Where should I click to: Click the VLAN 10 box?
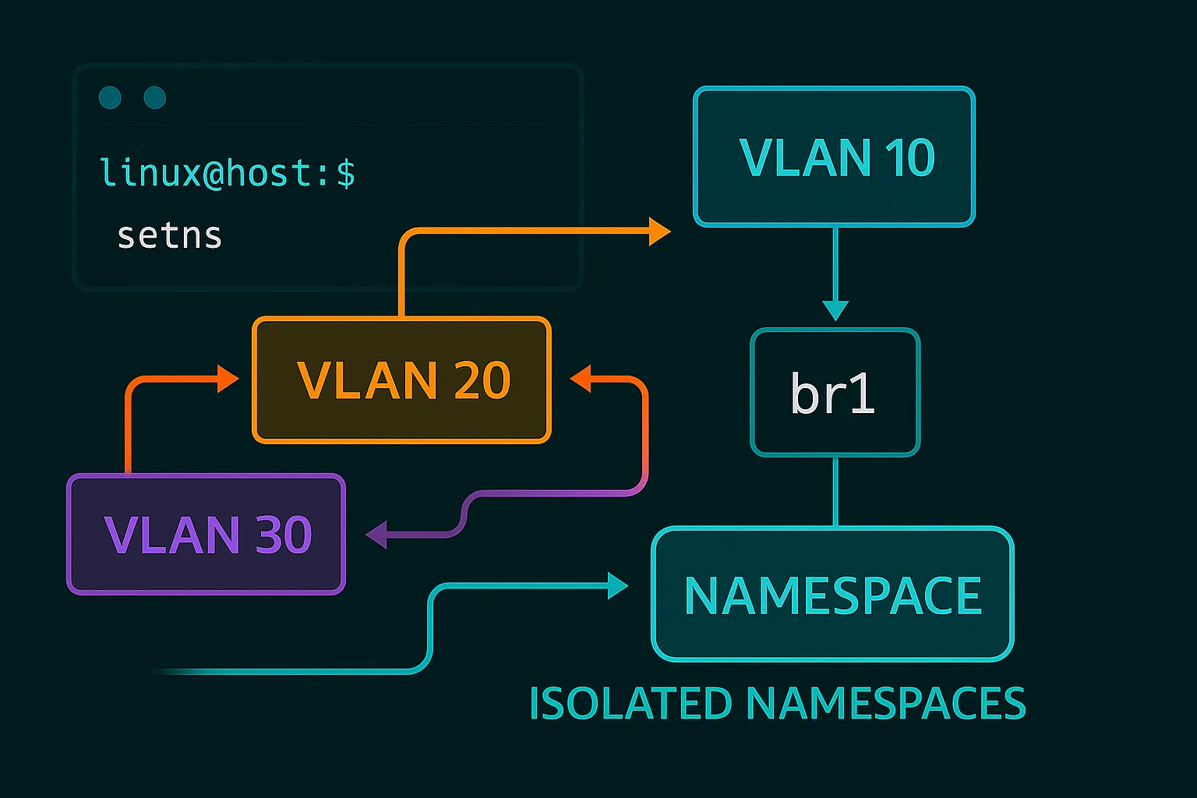point(834,157)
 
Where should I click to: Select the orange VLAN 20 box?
point(401,380)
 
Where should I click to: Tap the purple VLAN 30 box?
point(206,535)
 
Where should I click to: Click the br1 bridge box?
point(835,393)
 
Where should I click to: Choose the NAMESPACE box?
point(832,595)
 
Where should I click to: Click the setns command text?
point(169,235)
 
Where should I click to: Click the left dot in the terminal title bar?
point(110,97)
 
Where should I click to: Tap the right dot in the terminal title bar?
point(155,97)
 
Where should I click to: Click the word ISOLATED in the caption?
point(630,704)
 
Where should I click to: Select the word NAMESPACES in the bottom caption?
point(886,704)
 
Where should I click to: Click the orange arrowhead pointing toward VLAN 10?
point(659,231)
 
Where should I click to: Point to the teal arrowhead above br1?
point(835,309)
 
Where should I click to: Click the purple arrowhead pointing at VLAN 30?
point(377,535)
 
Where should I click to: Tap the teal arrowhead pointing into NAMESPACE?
point(618,585)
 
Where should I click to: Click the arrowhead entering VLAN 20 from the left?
point(228,379)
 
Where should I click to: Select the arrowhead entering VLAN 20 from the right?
point(581,380)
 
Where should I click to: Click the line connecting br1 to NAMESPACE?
point(835,492)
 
